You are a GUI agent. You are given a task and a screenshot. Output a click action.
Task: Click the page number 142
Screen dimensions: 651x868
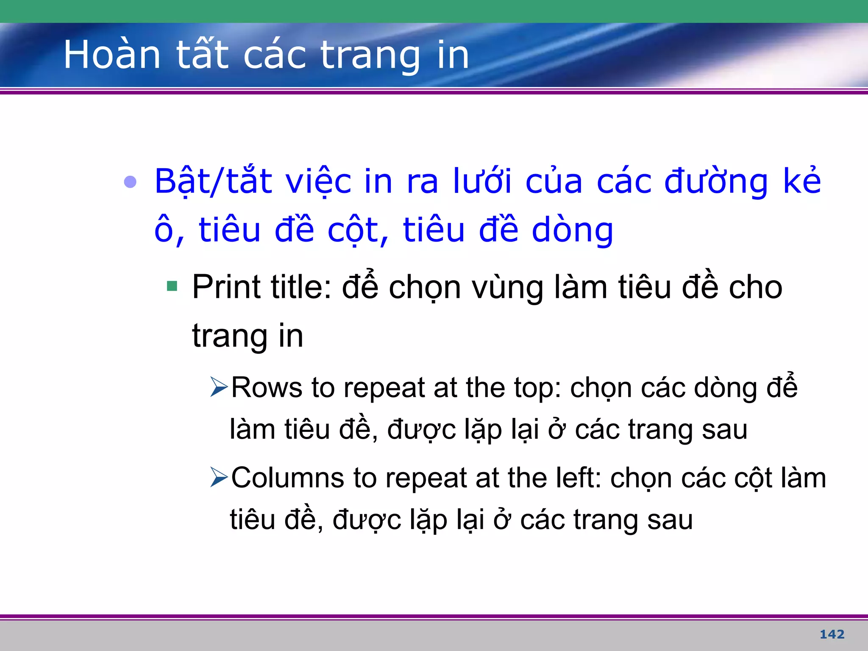[x=832, y=634]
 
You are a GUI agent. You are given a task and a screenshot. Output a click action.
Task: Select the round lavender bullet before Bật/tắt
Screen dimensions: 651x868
[x=130, y=182]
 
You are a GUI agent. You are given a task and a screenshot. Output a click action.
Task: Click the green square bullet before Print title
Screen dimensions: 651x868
[x=172, y=286]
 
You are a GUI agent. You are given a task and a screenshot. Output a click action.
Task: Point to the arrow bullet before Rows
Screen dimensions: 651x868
[x=219, y=387]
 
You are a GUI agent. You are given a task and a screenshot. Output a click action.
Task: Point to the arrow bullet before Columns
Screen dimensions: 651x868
[x=219, y=477]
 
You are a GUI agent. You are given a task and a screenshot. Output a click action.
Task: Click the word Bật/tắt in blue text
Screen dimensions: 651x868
[x=213, y=181]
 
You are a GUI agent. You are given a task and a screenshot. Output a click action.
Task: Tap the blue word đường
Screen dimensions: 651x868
[x=716, y=181]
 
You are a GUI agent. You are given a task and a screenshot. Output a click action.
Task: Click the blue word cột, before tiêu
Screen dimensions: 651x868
[x=358, y=230]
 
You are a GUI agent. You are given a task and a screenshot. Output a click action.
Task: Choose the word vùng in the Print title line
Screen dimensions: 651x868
[x=507, y=288]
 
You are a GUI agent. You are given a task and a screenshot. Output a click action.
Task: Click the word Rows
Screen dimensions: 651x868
[x=267, y=387]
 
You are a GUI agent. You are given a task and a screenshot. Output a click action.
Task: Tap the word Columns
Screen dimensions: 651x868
[x=288, y=478]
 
